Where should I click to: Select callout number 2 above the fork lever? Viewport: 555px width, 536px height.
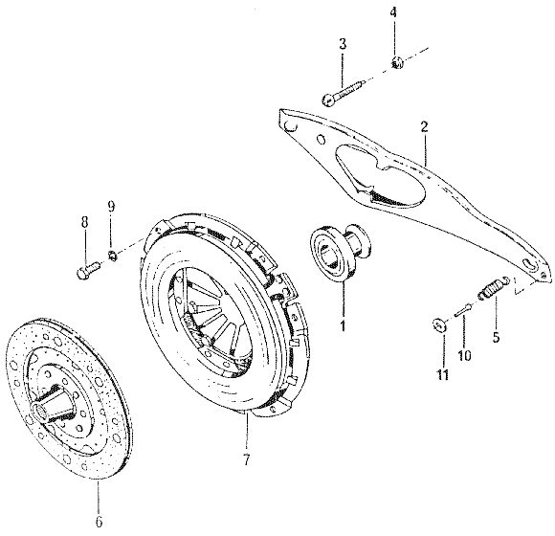pos(425,127)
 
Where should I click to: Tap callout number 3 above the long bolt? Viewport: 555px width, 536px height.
pos(343,44)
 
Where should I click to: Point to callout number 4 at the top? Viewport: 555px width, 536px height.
pos(393,12)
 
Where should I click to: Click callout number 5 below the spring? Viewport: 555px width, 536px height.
pos(496,336)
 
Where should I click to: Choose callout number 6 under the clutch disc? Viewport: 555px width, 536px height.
pos(99,521)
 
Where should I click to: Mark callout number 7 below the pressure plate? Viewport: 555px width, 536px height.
pos(246,459)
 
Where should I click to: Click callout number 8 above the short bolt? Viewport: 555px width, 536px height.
pos(84,223)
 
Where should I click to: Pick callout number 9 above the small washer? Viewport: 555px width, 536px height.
pos(111,207)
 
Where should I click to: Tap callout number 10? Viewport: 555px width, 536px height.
pos(464,355)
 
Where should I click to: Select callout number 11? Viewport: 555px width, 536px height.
pos(442,374)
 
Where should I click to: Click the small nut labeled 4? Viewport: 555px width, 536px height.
pos(397,63)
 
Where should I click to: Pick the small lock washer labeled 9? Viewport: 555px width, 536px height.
pos(113,255)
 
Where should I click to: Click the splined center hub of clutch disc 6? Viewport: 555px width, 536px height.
pos(54,404)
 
